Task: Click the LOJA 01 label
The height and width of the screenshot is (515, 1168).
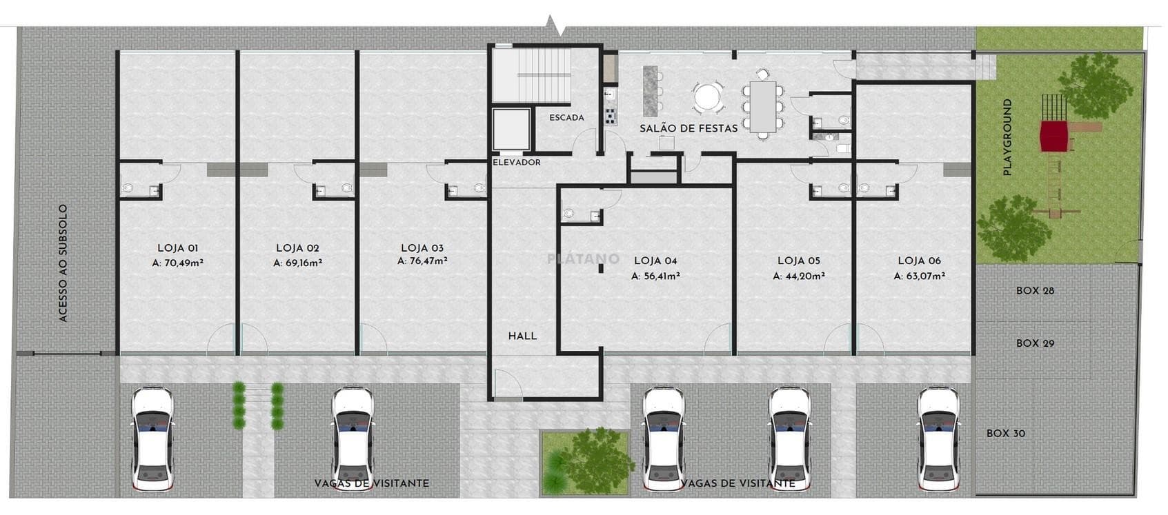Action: click(x=178, y=248)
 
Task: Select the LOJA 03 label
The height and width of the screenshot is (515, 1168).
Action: click(x=422, y=248)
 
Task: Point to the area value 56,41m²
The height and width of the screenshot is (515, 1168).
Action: click(x=661, y=276)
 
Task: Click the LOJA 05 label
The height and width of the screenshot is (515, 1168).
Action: click(x=799, y=261)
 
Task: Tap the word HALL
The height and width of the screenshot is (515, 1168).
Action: click(x=522, y=336)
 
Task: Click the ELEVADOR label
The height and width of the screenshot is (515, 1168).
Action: click(x=517, y=162)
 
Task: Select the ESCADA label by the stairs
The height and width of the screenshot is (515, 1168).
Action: click(x=567, y=118)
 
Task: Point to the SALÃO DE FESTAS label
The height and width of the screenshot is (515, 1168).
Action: click(x=689, y=128)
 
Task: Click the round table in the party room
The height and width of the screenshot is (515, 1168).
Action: click(x=706, y=97)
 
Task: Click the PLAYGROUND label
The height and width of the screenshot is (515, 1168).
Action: click(x=1007, y=137)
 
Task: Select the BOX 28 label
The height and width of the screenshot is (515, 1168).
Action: click(x=1035, y=291)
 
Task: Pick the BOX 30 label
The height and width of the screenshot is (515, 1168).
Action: click(x=1006, y=434)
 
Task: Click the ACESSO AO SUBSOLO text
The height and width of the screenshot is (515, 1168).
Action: click(x=63, y=263)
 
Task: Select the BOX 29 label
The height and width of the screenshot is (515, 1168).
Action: click(x=1035, y=343)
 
